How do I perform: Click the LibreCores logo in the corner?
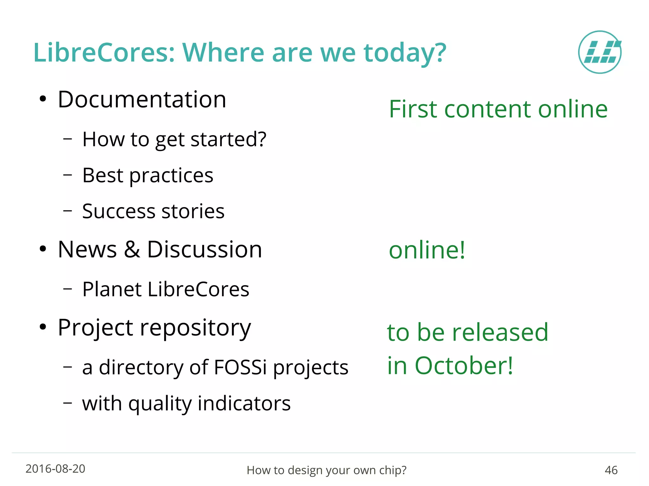tap(600, 52)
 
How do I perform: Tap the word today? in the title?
tap(405, 53)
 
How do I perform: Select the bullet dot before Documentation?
tap(43, 99)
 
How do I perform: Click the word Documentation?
tap(142, 99)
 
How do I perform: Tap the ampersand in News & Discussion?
tap(132, 249)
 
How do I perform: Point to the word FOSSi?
tap(240, 367)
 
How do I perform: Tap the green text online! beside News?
tap(427, 250)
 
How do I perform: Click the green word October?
tap(464, 366)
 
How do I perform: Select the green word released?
tap(500, 332)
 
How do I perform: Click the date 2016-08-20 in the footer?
tap(55, 469)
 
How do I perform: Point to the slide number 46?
tap(611, 470)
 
